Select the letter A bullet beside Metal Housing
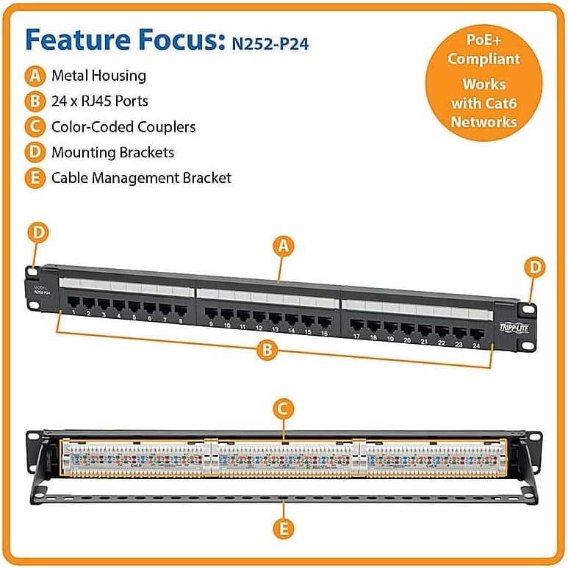[33, 76]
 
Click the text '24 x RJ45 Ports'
[100, 101]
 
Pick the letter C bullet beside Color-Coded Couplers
[33, 126]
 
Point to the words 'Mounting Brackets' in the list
[112, 152]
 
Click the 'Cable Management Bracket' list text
[141, 178]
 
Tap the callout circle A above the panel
[283, 247]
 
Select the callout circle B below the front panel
[268, 350]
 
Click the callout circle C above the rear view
[283, 409]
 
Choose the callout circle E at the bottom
[283, 528]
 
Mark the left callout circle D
[39, 233]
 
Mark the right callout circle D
[537, 266]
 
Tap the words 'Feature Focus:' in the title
[121, 40]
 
